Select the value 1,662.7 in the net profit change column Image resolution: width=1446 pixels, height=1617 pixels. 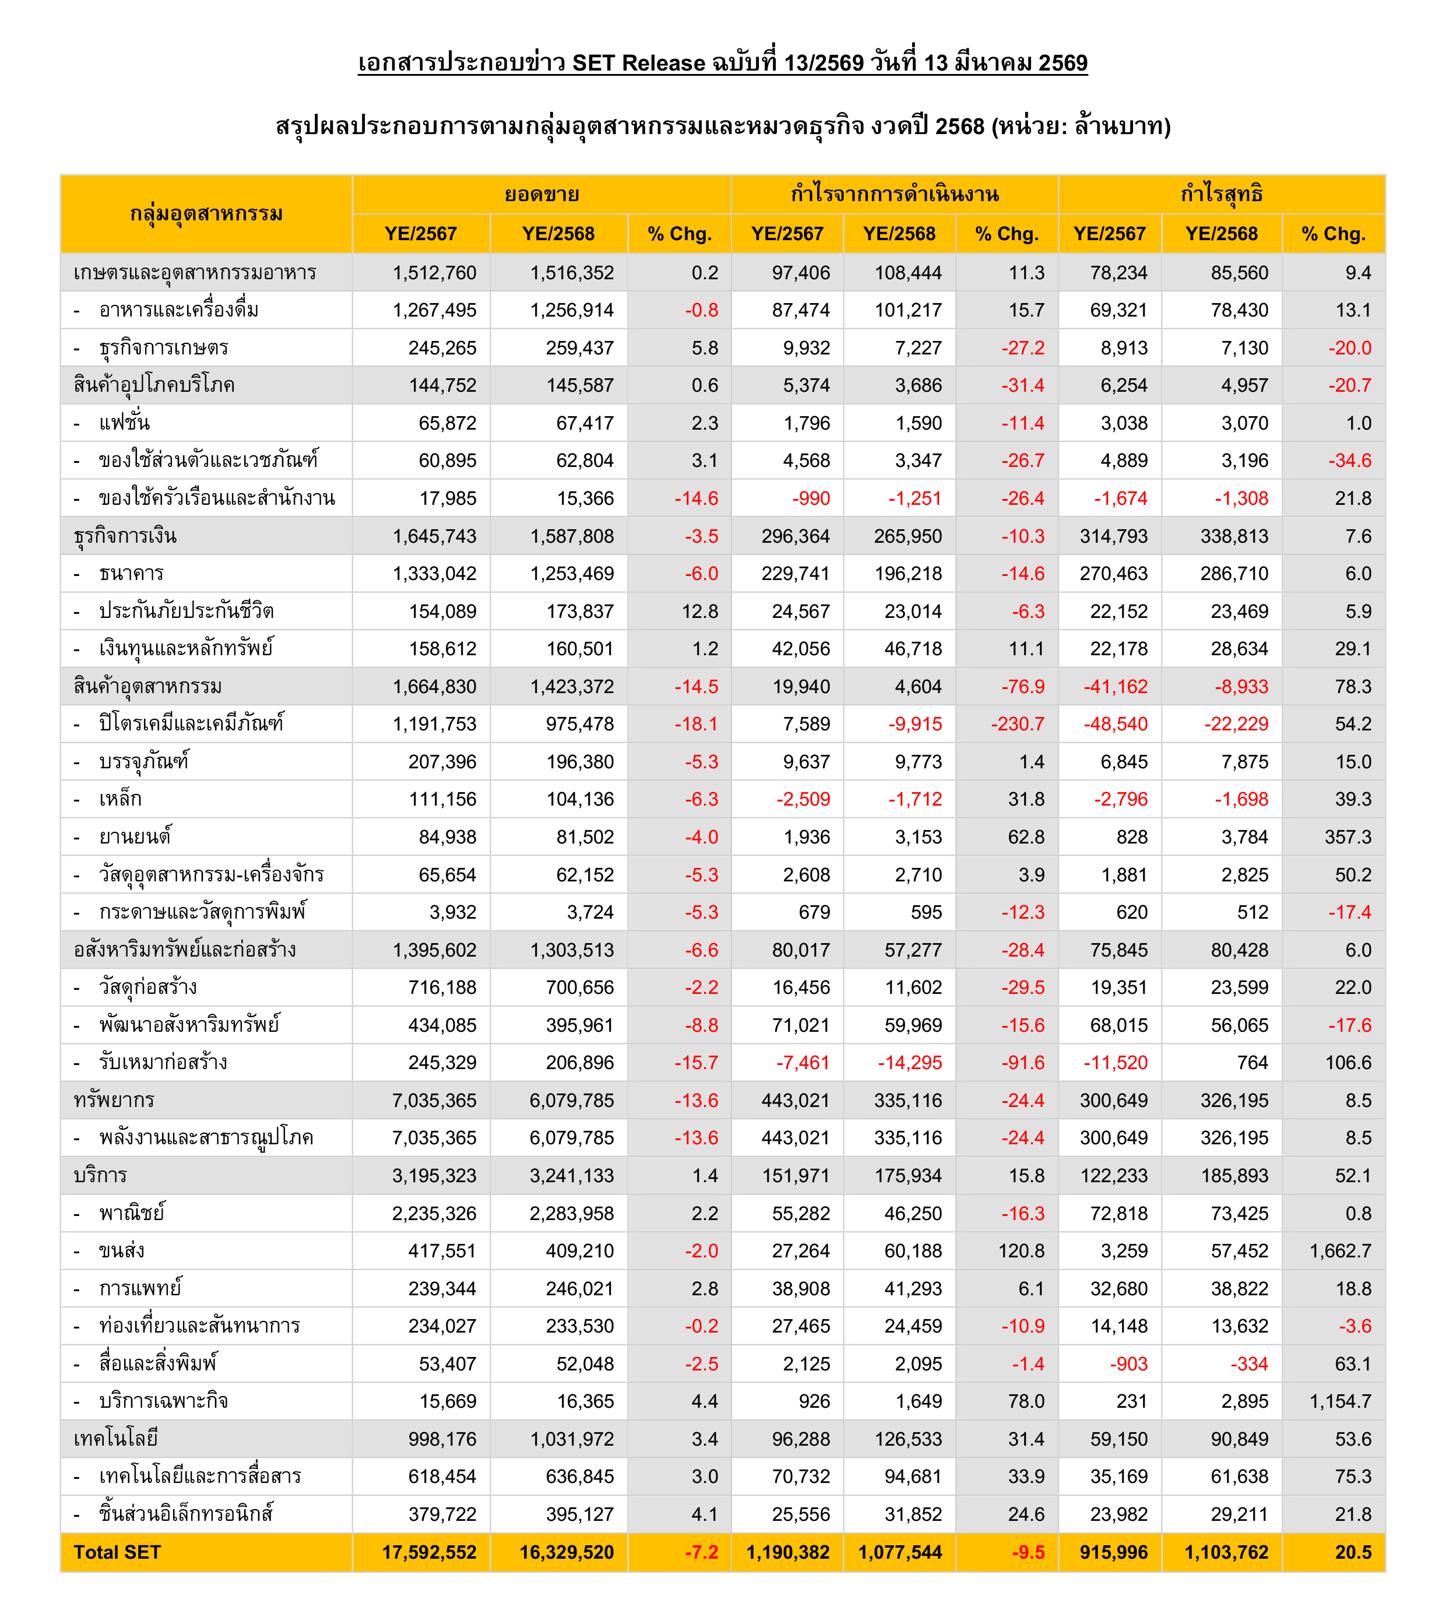coord(1341,1251)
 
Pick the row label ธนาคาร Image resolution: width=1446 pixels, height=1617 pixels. coord(131,574)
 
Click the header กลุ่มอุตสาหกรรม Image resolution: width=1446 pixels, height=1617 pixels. coord(206,214)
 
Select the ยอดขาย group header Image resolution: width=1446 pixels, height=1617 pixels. coord(542,195)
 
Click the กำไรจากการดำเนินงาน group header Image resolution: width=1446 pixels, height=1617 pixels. coord(895,195)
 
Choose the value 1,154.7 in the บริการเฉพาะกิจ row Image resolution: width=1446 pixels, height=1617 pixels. coord(1341,1401)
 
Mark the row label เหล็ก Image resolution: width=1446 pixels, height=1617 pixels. coord(121,799)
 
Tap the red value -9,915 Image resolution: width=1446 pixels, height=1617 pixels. coord(914,724)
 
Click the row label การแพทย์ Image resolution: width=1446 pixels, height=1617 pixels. coord(140,1288)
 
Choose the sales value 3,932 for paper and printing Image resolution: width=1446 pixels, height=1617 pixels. coord(453,912)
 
